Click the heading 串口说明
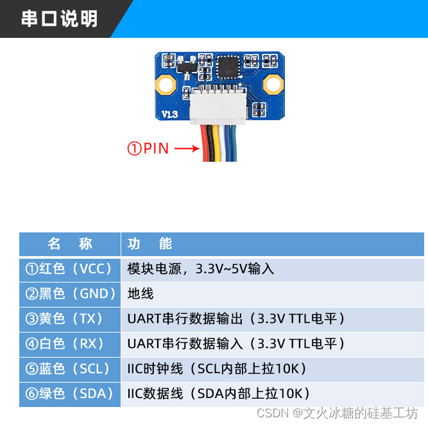pos(59,19)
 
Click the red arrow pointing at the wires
pos(187,149)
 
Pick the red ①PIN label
pos(148,149)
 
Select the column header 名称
pos(70,244)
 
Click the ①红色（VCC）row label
pos(70,269)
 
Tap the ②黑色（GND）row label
pos(70,294)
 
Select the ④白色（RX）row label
pos(70,343)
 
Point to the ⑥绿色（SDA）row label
pos(70,394)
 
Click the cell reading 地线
pos(141,294)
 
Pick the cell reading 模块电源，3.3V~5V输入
pos(201,269)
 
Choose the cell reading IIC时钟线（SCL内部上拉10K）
pos(217,369)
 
